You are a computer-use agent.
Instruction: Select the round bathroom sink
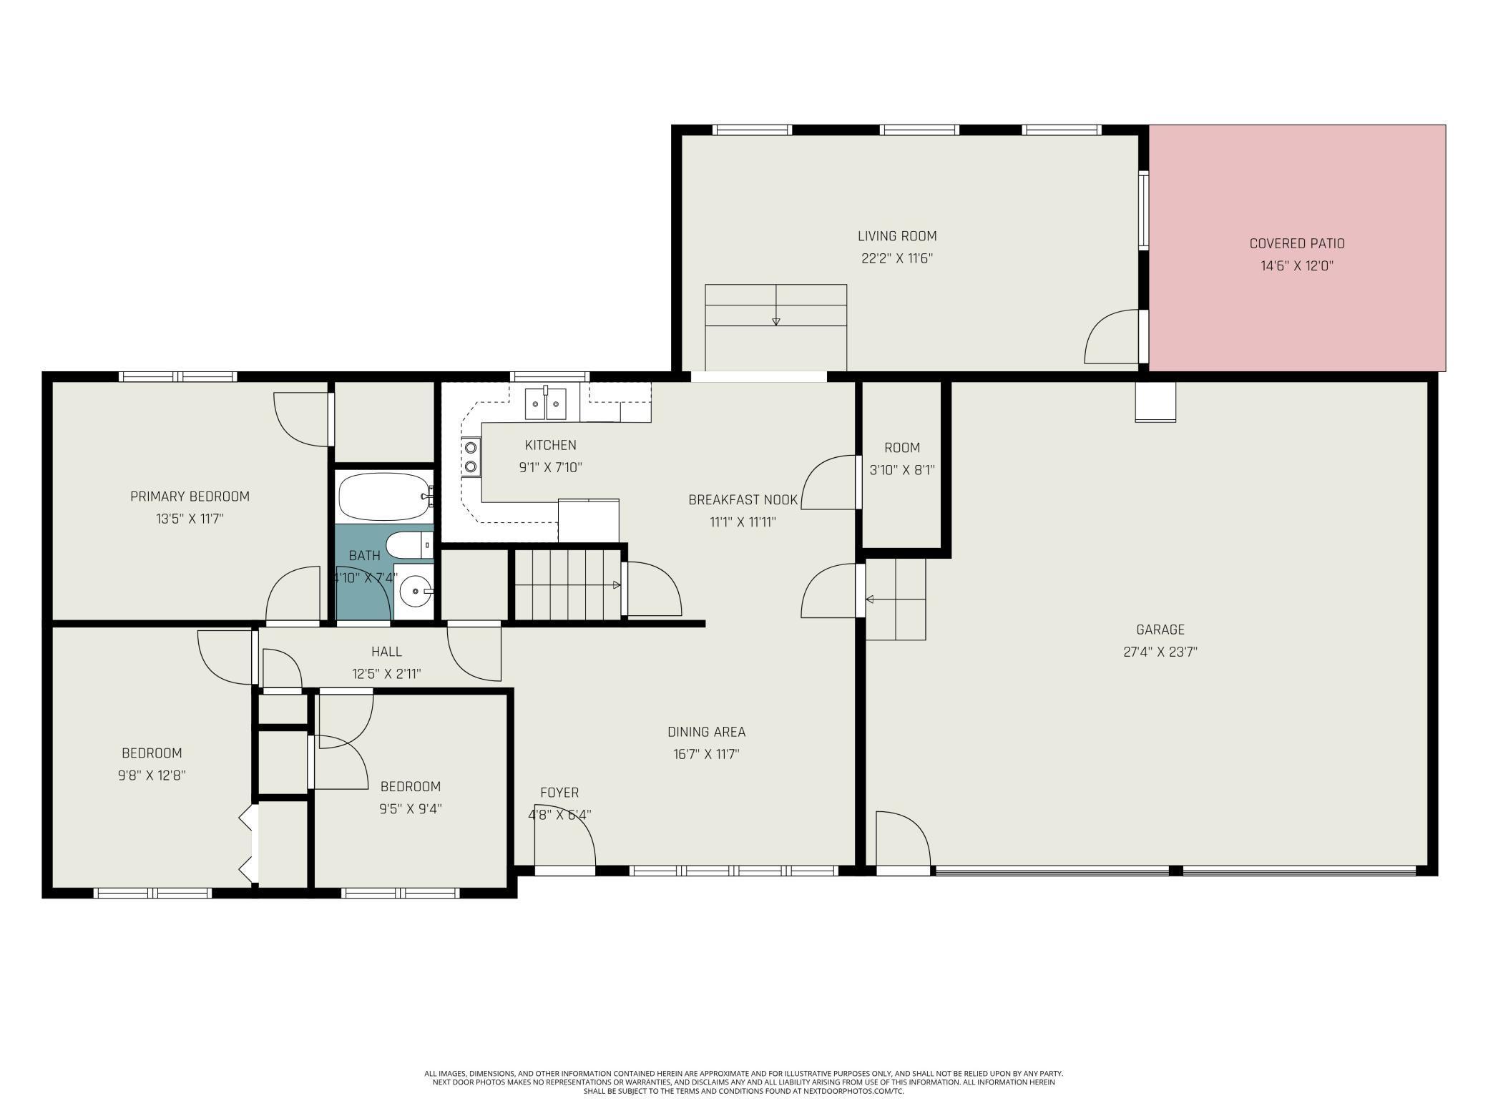(x=415, y=591)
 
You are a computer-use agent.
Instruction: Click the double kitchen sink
(x=546, y=403)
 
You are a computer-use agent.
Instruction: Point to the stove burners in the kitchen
(x=471, y=457)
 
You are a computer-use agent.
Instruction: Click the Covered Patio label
(x=1297, y=243)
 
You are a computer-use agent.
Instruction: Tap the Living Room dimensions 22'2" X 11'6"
(x=897, y=258)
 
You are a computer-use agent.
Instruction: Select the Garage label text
(x=1160, y=630)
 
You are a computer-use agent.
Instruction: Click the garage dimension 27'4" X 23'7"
(x=1160, y=652)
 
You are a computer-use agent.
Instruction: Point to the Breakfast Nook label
(x=743, y=499)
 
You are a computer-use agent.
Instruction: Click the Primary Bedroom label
(x=190, y=496)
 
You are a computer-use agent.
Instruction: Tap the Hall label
(x=386, y=651)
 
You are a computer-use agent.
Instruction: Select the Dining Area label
(x=707, y=731)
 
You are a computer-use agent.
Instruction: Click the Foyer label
(x=559, y=792)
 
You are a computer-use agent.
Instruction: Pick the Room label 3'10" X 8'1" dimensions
(x=902, y=470)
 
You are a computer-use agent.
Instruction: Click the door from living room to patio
(x=1112, y=337)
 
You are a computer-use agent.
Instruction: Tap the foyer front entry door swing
(x=565, y=838)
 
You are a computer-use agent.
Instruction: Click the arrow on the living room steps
(x=775, y=305)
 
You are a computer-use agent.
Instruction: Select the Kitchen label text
(x=550, y=444)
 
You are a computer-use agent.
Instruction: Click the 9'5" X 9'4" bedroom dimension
(x=410, y=809)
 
